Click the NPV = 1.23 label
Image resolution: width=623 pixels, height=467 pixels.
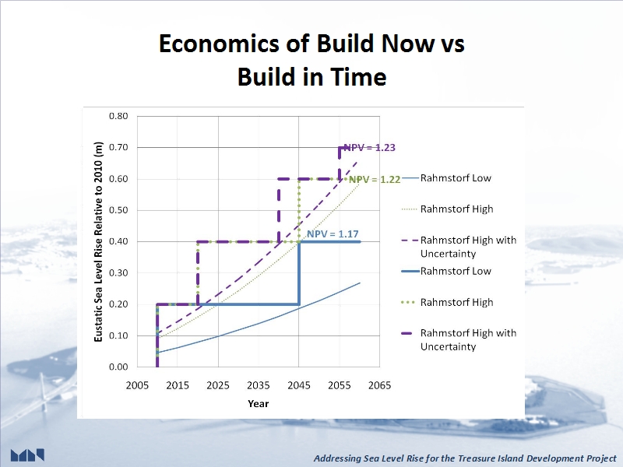(x=369, y=148)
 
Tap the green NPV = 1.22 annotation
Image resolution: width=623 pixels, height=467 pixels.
(x=375, y=180)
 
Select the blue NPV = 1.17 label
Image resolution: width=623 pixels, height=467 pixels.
(x=333, y=234)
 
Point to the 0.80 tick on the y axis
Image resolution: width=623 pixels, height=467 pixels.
(x=118, y=116)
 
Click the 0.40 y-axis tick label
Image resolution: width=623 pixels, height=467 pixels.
(x=118, y=241)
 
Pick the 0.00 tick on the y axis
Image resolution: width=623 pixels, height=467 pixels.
(x=118, y=367)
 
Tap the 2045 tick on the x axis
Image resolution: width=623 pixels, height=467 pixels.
(x=299, y=385)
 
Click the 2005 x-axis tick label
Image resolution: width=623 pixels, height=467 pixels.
(x=137, y=385)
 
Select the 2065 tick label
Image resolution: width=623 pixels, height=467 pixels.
(x=379, y=385)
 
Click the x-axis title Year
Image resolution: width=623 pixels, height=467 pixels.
(x=259, y=404)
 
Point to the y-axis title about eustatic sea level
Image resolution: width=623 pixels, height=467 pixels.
(x=98, y=241)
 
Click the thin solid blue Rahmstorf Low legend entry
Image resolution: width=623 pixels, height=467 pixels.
(x=447, y=178)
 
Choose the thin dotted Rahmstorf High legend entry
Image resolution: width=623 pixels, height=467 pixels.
(x=448, y=209)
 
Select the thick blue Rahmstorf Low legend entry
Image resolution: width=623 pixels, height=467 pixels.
(x=447, y=271)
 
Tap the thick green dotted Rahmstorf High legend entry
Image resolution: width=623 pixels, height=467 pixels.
(x=448, y=303)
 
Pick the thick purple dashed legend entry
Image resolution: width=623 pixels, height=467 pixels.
(x=459, y=339)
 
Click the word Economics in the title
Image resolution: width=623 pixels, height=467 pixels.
(x=219, y=44)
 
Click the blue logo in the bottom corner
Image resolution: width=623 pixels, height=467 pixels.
(x=27, y=455)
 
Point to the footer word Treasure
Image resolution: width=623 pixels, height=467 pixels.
(x=474, y=458)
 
